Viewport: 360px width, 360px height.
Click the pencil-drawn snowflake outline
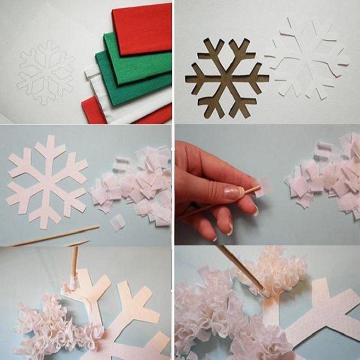(x=46, y=72)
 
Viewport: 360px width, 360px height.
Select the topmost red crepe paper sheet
(x=142, y=29)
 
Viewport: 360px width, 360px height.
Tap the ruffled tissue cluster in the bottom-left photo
(x=53, y=326)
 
